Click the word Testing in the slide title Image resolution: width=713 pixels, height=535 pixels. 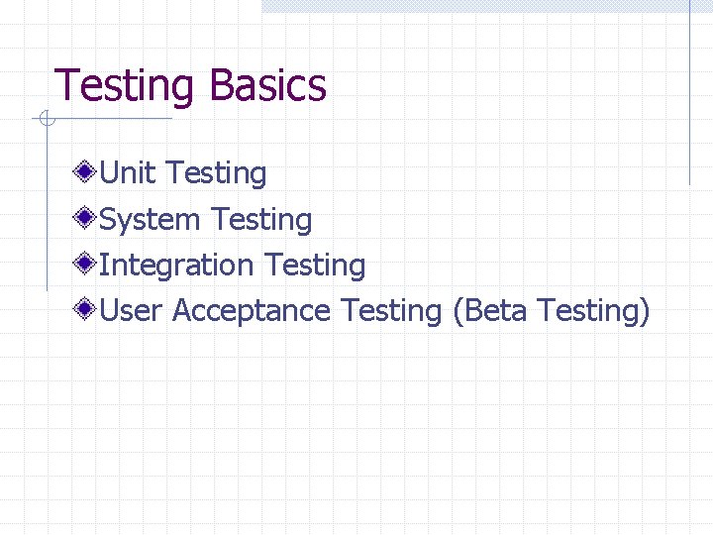click(x=127, y=86)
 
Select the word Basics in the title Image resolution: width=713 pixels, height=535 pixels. click(x=267, y=86)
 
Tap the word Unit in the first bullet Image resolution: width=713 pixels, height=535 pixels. click(x=128, y=173)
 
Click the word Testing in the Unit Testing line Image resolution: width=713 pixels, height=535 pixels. click(x=216, y=174)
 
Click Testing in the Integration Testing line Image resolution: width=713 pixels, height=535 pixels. click(x=315, y=267)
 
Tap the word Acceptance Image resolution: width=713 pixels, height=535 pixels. click(x=252, y=311)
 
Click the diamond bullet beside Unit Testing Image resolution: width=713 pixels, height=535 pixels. click(x=87, y=172)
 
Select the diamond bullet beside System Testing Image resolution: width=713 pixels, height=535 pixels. click(x=87, y=218)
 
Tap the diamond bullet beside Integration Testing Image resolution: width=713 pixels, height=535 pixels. click(x=87, y=264)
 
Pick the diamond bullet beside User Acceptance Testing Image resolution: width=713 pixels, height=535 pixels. click(x=87, y=309)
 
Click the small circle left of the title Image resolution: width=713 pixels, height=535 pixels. click(x=47, y=120)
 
